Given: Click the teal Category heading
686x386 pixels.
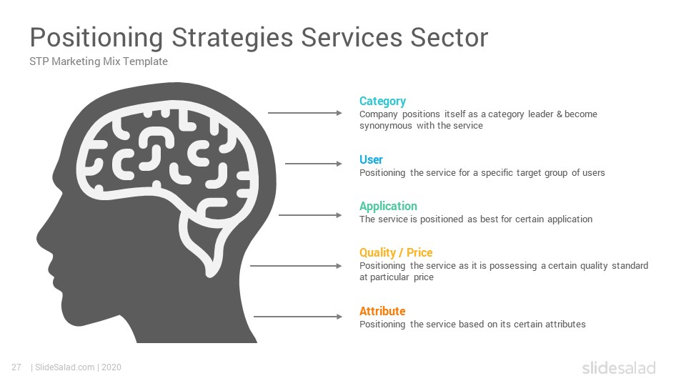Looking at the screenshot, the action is tap(382, 102).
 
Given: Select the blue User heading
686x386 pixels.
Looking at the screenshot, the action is tap(371, 159).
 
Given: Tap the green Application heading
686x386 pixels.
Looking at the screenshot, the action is tap(388, 207).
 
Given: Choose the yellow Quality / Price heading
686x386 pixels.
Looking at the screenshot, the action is tap(395, 252).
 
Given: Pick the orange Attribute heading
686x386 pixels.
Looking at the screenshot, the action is tap(382, 311).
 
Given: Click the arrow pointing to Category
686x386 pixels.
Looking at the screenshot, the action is tap(305, 113).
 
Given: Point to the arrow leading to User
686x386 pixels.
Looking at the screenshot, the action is tap(314, 164).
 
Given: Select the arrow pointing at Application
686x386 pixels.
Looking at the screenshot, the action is tap(310, 215).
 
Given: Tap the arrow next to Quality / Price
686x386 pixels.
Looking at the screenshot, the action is tap(296, 266).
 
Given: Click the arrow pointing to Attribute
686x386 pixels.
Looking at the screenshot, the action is tap(298, 317).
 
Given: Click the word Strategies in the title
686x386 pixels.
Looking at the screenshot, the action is tap(232, 38).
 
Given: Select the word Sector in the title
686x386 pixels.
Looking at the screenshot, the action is tap(449, 37).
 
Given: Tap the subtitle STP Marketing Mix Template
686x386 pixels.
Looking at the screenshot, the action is tap(99, 61).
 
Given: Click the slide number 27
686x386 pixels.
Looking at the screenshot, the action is tap(16, 367).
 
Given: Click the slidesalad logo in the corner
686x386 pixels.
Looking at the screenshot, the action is tap(619, 367).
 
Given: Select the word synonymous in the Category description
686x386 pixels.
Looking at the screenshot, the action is tap(386, 126).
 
